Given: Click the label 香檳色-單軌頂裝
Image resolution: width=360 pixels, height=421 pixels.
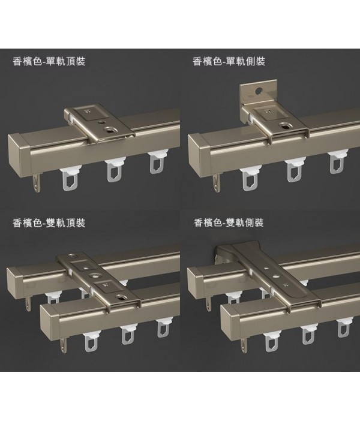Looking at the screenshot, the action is pos(49,62).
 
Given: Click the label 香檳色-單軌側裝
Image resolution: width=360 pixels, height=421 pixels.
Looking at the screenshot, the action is pos(229,62).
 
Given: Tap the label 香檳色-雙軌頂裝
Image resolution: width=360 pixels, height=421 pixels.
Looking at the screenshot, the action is pos(49,223).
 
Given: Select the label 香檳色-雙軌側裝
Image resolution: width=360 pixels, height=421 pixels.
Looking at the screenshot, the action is pos(229,223).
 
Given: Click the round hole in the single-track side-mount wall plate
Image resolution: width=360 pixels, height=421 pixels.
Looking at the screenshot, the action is pos(259,91).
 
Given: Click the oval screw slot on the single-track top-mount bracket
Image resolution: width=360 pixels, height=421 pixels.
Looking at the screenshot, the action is pos(110,130).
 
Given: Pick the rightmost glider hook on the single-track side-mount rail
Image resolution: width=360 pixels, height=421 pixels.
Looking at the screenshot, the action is pos(337,163).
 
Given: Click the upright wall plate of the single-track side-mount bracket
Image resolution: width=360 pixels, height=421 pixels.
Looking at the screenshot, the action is pos(259,91).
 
